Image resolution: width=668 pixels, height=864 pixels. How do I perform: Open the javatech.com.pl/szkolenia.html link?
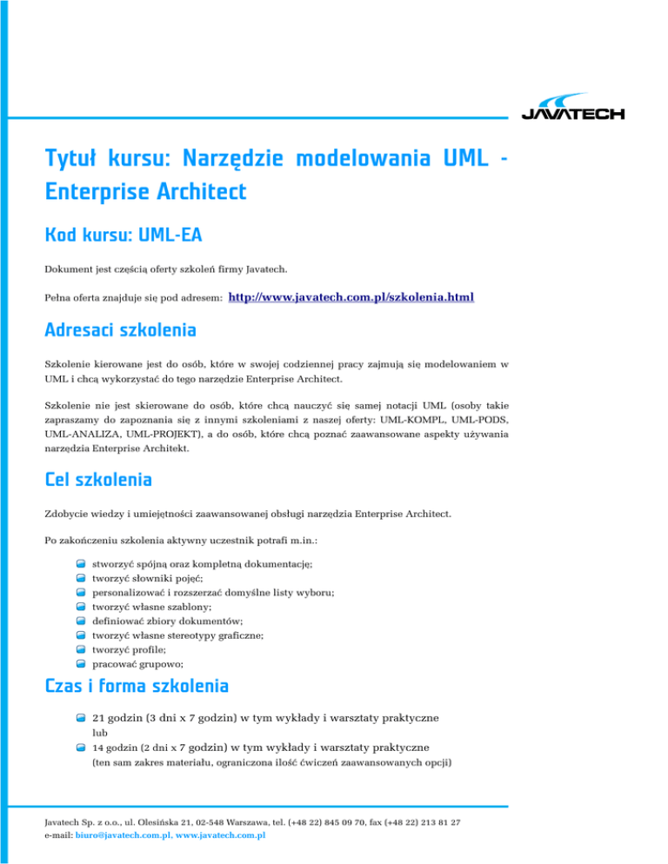point(351,298)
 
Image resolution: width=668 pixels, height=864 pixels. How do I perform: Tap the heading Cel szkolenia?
point(98,479)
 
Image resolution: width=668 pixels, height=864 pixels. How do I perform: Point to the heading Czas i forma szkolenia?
point(137,686)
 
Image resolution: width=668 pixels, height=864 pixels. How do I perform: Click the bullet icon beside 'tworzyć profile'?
point(80,649)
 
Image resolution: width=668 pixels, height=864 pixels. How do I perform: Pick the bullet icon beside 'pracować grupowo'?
point(80,663)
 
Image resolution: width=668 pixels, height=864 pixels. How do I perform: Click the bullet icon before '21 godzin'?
point(80,719)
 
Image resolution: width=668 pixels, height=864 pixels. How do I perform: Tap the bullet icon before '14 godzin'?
point(80,748)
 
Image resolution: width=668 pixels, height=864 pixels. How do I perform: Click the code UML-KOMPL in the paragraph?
point(408,418)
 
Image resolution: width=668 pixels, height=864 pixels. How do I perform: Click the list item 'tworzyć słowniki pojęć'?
point(150,578)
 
